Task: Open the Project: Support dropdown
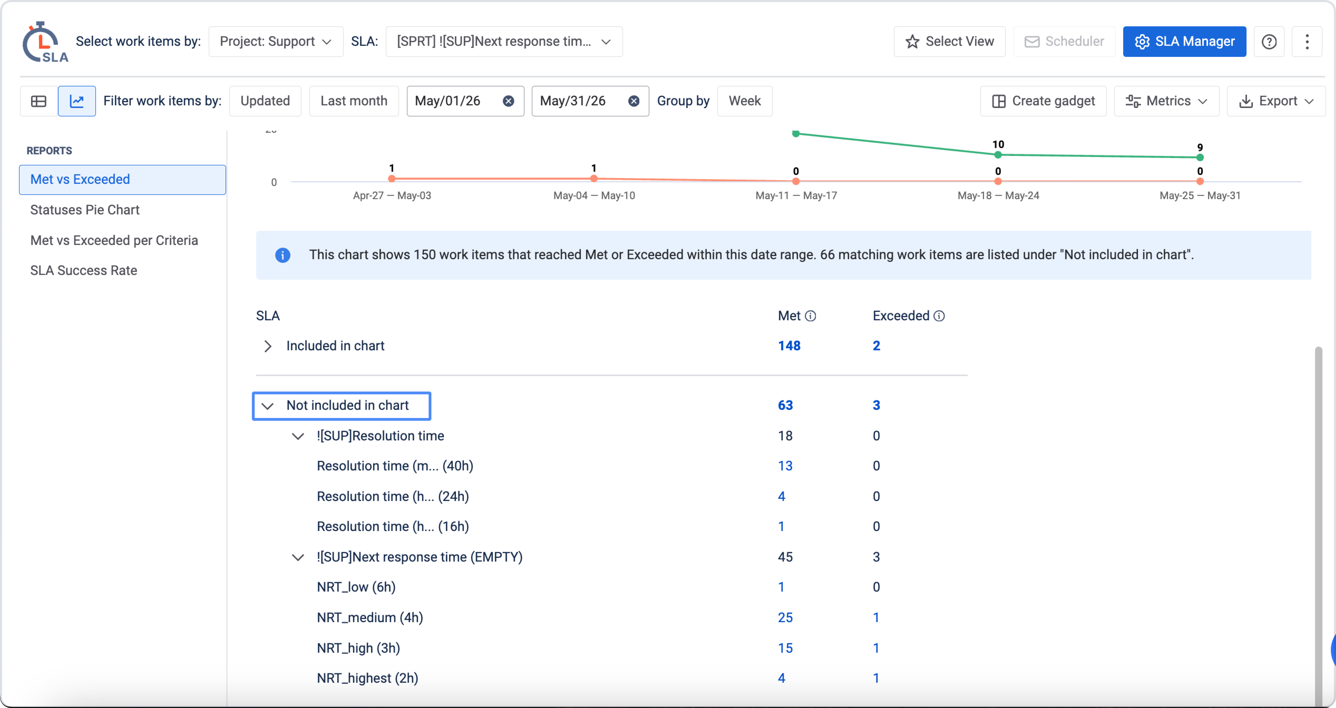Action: [x=275, y=41]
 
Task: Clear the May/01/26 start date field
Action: [x=508, y=101]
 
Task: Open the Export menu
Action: [x=1276, y=101]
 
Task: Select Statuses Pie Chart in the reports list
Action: [x=85, y=210]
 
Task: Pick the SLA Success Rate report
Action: [x=83, y=271]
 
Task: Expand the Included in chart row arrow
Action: [x=268, y=346]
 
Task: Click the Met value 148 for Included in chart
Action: [x=789, y=346]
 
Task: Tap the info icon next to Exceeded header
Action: [x=939, y=316]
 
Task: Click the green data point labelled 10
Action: [x=998, y=154]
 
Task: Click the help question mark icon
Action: [x=1269, y=41]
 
